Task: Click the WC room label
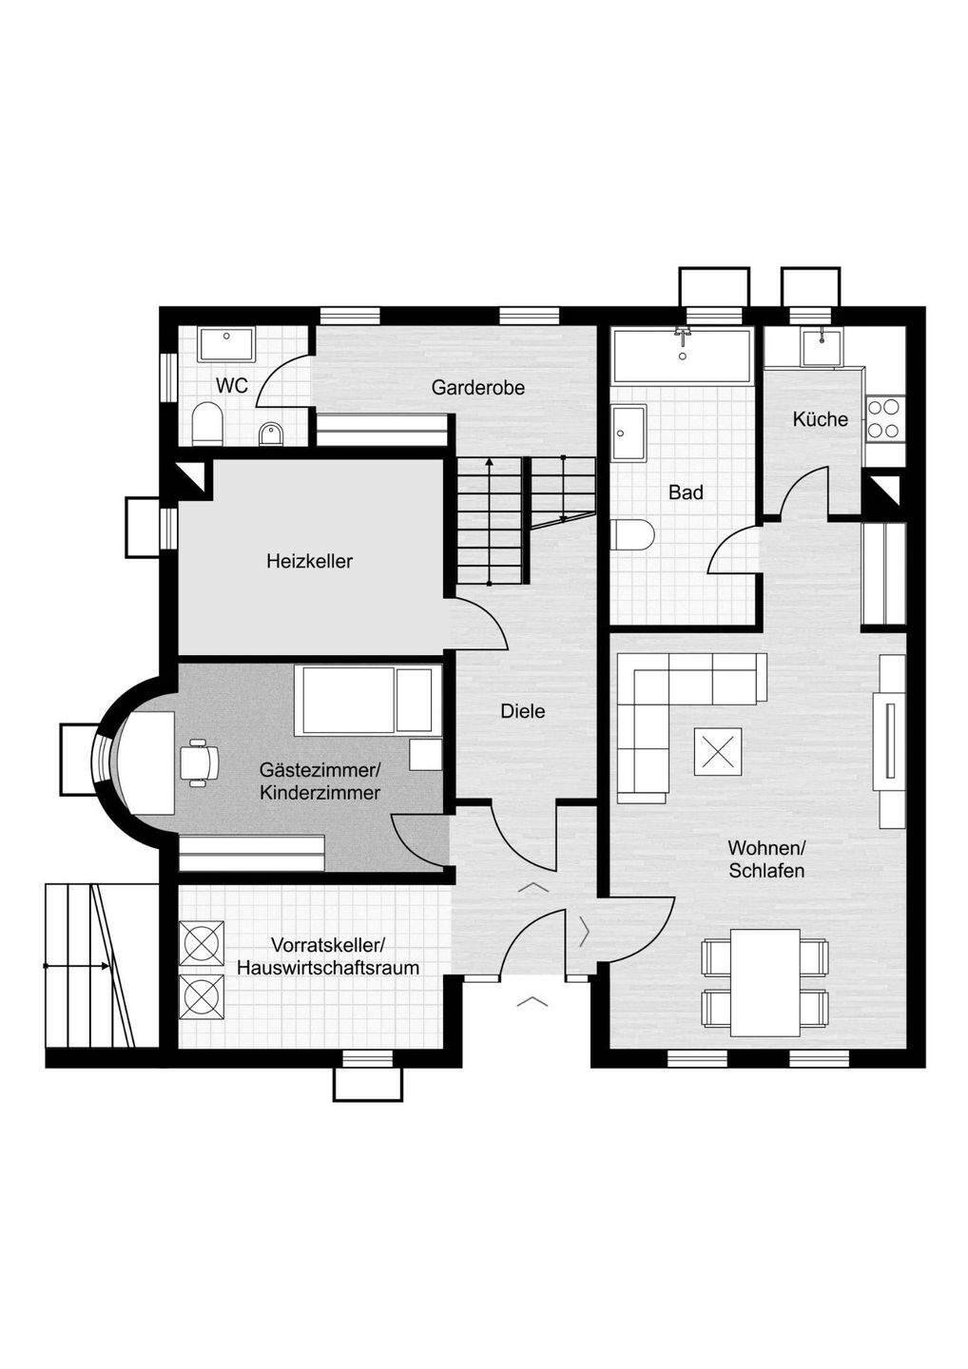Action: (232, 385)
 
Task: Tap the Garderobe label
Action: (477, 388)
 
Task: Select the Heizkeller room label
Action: (309, 561)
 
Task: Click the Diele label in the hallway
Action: (523, 711)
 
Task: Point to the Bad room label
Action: (686, 492)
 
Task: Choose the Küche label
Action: (820, 418)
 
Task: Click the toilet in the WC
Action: (206, 424)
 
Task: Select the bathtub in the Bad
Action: (682, 356)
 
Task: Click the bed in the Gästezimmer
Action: (367, 700)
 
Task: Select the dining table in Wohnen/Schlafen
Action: (765, 983)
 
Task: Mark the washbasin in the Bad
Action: (629, 432)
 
